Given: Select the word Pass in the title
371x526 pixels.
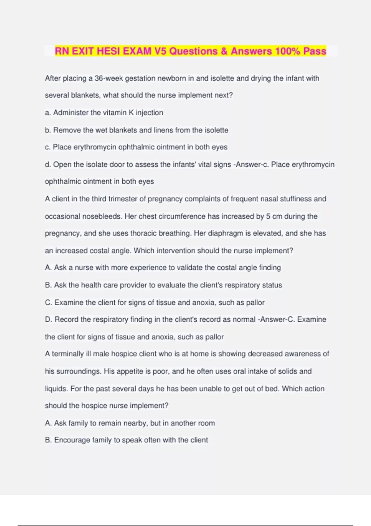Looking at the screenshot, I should click(x=315, y=51).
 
